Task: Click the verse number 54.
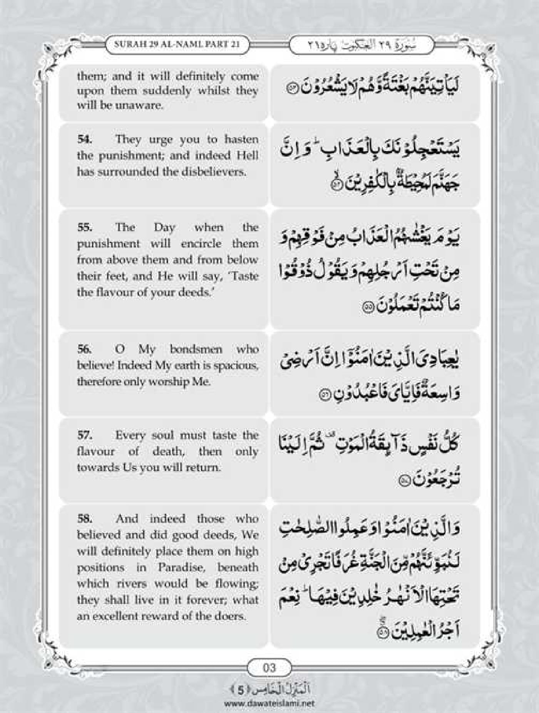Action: coord(84,140)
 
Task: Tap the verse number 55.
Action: coord(84,227)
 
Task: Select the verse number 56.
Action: coord(84,350)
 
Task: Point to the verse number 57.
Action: coord(84,436)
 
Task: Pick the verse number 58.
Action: coord(84,519)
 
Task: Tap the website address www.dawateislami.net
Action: coord(269,703)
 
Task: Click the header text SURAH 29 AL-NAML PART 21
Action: coord(177,44)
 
